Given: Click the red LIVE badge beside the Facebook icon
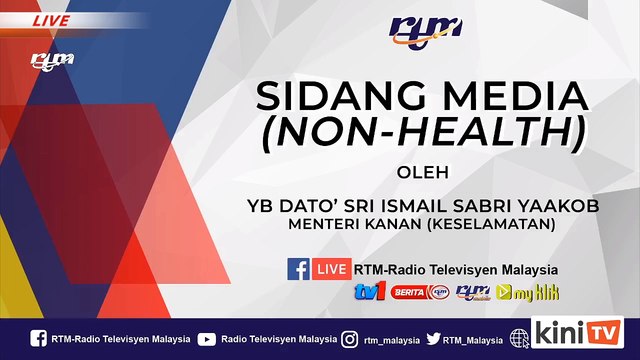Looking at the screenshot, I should point(331,269).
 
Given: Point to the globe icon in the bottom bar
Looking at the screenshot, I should point(519,339).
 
